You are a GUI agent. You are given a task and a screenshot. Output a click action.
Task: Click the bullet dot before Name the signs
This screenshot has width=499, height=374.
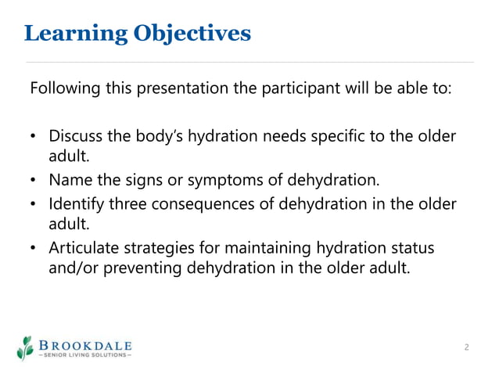(x=34, y=182)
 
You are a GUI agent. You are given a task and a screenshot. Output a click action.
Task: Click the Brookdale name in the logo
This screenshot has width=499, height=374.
(x=85, y=344)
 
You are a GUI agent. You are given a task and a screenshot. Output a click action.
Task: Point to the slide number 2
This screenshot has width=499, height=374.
(x=466, y=347)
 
